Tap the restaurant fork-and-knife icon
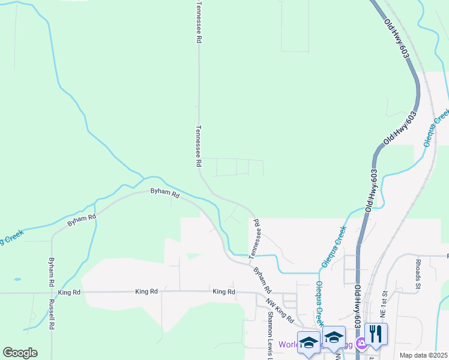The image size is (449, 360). point(376,335)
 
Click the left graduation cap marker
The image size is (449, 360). point(309,343)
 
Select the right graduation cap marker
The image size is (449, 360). point(334,338)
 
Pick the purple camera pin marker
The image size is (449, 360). point(361,344)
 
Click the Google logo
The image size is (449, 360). point(20,353)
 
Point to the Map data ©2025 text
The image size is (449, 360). point(423,355)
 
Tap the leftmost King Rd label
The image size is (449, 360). point(70,292)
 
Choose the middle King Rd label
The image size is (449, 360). point(146,291)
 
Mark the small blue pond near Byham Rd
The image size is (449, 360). point(17,280)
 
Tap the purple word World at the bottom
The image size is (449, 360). point(289,344)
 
